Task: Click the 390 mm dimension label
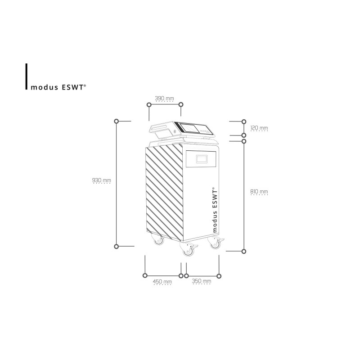pos(164,98)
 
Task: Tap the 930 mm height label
pos(102,180)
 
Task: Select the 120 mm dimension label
pos(259,128)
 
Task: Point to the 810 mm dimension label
pos(259,192)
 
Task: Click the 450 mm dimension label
pos(162,282)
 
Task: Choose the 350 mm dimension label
pos(202,281)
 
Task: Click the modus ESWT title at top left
pos(58,87)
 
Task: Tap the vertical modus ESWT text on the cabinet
pos(215,209)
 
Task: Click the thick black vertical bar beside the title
pos(27,76)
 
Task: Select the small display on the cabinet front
pos(202,159)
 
